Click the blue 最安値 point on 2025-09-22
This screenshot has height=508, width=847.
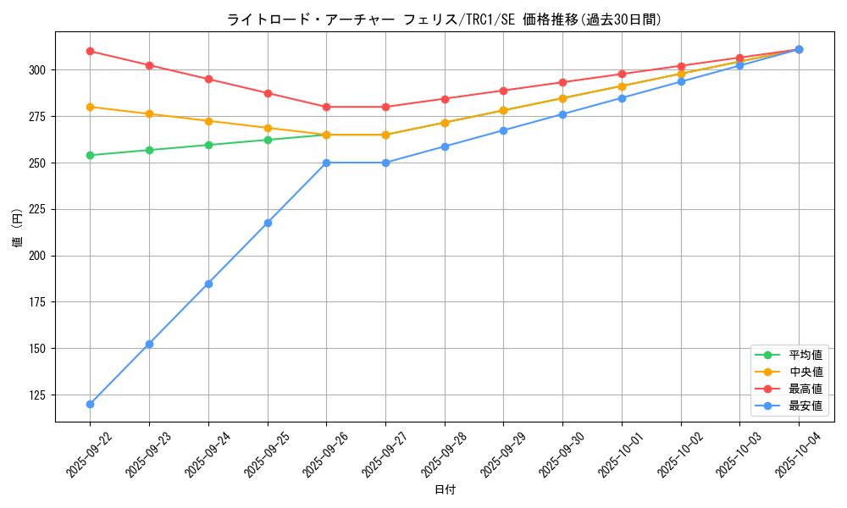coord(90,404)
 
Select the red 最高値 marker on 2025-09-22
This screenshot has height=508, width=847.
coord(90,51)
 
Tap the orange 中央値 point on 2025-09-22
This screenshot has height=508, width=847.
coord(90,107)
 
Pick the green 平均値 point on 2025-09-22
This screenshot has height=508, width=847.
coord(90,155)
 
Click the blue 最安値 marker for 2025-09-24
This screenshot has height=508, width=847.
coord(208,284)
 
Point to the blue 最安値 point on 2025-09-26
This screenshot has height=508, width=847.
coord(326,163)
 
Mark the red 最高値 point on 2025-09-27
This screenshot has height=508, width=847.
coord(385,107)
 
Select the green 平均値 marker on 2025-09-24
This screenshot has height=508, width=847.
coord(208,145)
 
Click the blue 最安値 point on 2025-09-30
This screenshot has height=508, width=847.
coord(562,114)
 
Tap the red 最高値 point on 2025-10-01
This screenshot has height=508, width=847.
coord(622,74)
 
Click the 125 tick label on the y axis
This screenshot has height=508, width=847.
coord(41,395)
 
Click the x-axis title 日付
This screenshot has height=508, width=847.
coord(445,490)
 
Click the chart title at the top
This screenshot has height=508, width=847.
coord(444,19)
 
